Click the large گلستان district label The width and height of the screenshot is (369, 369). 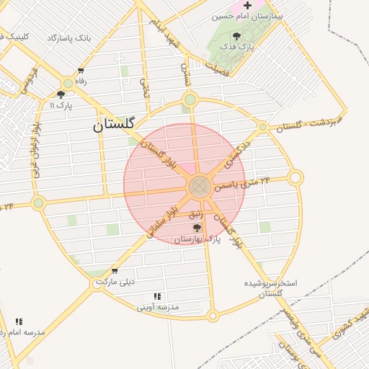114,124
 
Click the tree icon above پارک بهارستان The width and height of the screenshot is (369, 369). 197,228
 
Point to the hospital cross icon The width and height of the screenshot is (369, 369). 247,5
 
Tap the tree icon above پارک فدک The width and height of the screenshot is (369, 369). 237,35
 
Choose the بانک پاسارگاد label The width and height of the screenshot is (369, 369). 70,37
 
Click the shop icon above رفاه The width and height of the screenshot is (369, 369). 80,71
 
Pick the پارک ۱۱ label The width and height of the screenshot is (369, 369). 61,105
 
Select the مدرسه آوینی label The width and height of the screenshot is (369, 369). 157,307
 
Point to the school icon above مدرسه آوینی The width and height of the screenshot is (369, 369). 157,296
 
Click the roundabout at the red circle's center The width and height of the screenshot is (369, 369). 199,187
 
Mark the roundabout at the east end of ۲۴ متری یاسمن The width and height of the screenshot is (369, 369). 295,177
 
